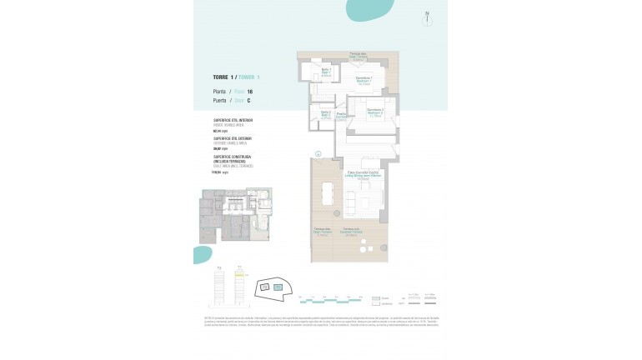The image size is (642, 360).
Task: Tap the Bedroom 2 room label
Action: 374,114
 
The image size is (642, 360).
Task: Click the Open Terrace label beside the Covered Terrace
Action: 322,232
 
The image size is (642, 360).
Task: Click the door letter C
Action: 248,100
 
